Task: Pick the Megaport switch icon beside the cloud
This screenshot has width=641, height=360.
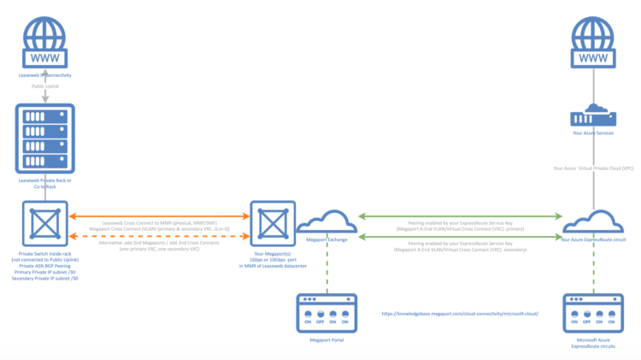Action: pos(272,225)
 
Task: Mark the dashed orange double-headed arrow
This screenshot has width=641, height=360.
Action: pos(159,234)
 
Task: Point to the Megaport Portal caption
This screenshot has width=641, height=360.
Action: pos(326,339)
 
